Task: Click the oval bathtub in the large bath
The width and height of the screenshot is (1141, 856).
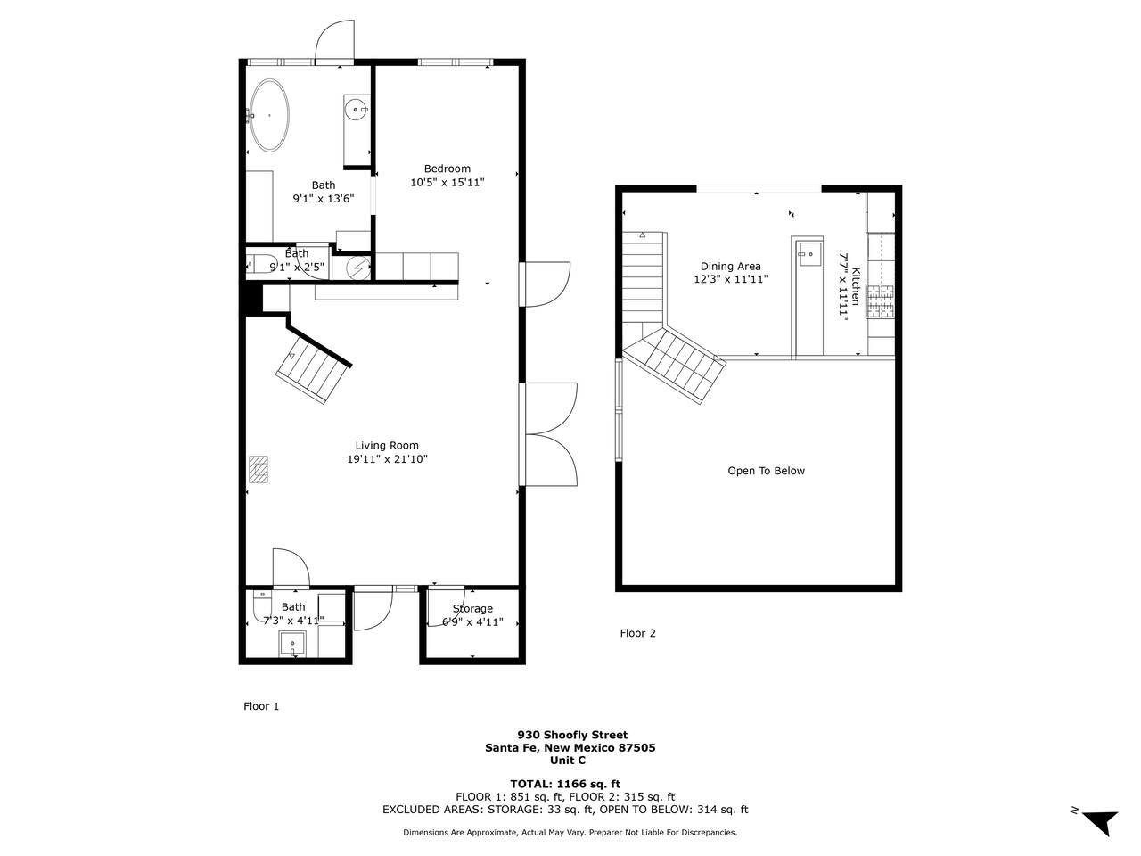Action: coord(269,115)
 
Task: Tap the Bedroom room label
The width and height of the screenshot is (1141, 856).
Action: coord(447,169)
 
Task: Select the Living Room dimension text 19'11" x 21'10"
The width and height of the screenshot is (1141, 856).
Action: coord(387,459)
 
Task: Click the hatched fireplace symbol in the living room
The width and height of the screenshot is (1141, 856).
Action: coord(259,469)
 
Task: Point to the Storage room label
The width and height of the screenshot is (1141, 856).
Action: coord(472,609)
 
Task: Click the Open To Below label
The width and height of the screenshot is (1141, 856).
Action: coord(767,471)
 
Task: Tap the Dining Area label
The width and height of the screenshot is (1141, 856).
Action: coord(730,267)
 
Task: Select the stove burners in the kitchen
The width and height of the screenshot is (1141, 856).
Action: coord(880,301)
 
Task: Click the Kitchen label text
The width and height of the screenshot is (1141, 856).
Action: coord(856,286)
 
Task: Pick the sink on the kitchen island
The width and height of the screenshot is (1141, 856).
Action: coord(809,254)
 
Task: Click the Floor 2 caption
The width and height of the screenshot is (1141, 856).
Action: coord(638,633)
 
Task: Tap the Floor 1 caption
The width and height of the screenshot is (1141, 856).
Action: coord(261,706)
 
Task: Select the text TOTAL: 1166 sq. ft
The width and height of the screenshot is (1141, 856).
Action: coord(565,784)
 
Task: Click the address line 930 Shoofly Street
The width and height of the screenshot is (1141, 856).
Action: coord(572,735)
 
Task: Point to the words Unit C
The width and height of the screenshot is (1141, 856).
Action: coord(568,761)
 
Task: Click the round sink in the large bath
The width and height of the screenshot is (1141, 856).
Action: coord(356,110)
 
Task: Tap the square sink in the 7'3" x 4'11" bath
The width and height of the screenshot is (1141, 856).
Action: coord(292,644)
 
